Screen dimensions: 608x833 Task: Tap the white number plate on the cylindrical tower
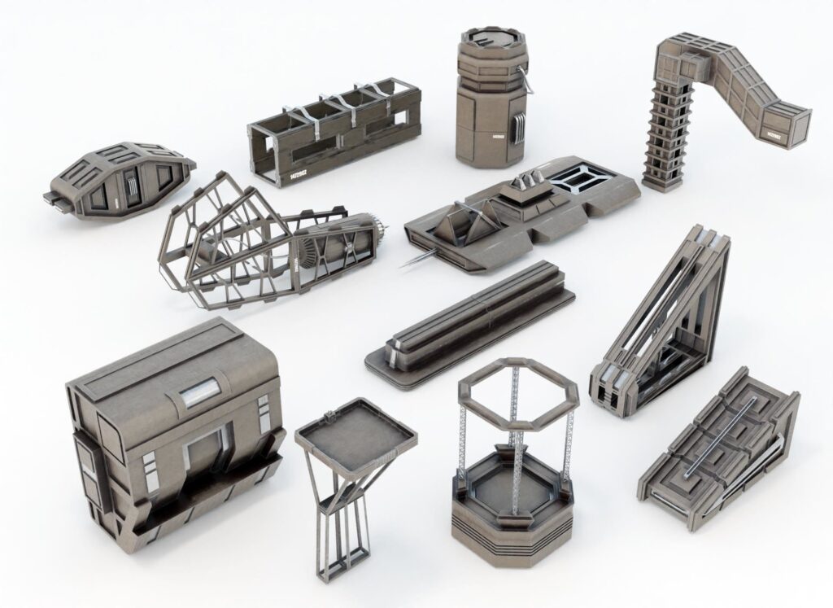[x=495, y=136]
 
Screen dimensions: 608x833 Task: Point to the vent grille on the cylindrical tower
[x=516, y=126]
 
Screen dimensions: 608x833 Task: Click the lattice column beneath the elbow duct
[x=665, y=138]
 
